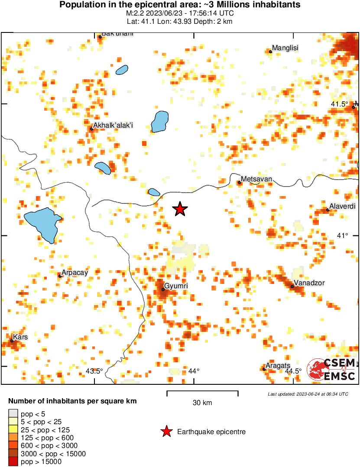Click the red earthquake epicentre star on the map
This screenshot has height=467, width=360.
click(180, 209)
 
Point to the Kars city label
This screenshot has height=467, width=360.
click(20, 337)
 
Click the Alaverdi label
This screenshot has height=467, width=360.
click(343, 206)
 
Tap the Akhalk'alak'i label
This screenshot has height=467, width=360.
click(113, 126)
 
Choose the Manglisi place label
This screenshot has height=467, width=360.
click(285, 48)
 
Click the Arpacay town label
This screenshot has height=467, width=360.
click(75, 273)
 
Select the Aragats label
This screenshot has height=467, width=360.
click(278, 366)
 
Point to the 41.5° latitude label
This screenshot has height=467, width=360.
click(340, 104)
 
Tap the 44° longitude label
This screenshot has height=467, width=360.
click(194, 371)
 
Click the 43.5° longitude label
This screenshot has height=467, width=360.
click(94, 371)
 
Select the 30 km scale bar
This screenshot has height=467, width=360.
click(202, 393)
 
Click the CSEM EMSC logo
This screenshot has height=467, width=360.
click(332, 370)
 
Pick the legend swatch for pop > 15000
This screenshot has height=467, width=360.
click(13, 462)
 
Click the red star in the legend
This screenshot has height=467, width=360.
click(166, 432)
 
